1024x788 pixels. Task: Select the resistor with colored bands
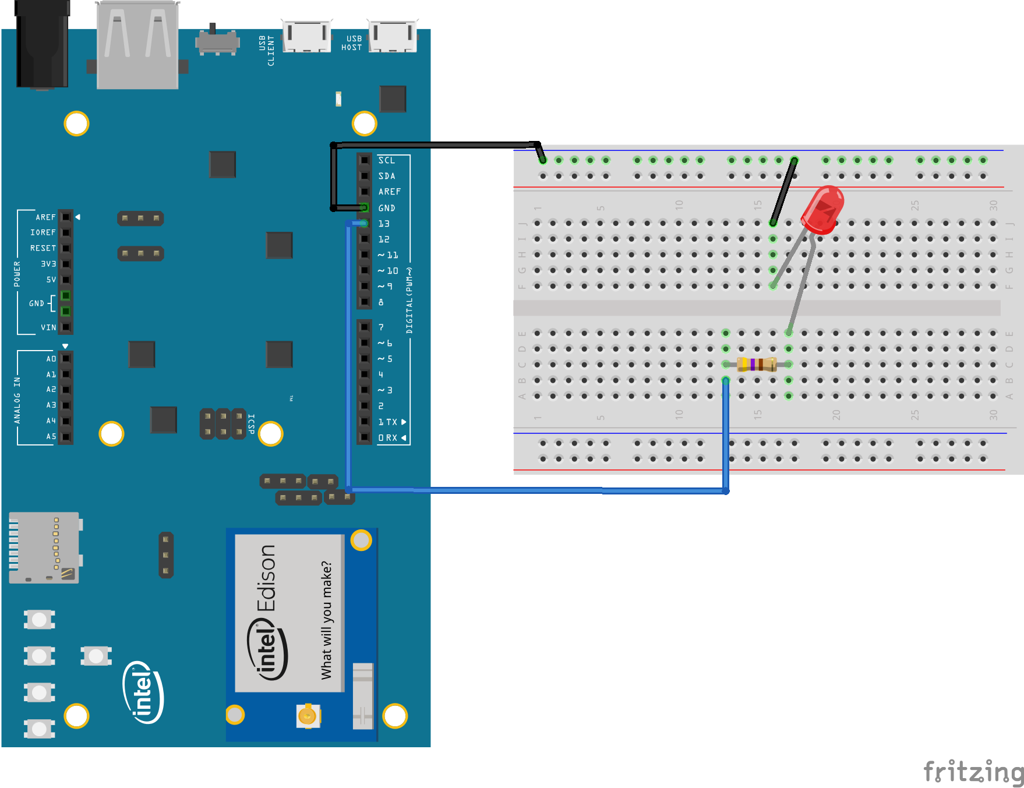tap(757, 365)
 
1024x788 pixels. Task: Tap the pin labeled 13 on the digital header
tap(365, 224)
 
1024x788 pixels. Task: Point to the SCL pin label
tap(386, 160)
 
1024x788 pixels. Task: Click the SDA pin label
tap(386, 176)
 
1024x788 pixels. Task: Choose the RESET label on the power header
tap(43, 248)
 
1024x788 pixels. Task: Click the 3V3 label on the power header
tap(48, 264)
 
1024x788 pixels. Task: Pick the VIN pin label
tap(48, 327)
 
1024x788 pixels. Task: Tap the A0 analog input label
tap(51, 359)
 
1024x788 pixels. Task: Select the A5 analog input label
tap(51, 436)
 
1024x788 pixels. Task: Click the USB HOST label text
tap(351, 43)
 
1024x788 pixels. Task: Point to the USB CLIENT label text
tap(267, 51)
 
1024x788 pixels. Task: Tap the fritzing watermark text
tap(973, 772)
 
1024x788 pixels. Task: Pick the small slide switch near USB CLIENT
tap(217, 41)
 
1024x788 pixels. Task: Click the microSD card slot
tap(44, 547)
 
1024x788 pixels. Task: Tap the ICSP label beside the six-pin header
tap(252, 423)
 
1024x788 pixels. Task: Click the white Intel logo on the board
tap(143, 692)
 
